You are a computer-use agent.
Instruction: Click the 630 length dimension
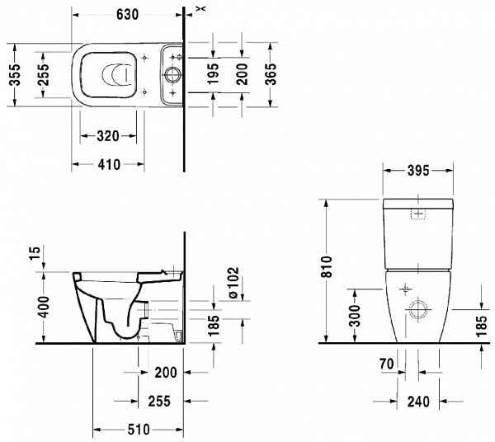click(x=127, y=15)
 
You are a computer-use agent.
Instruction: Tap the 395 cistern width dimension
click(x=418, y=172)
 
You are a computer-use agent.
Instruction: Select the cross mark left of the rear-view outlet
click(x=405, y=290)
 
